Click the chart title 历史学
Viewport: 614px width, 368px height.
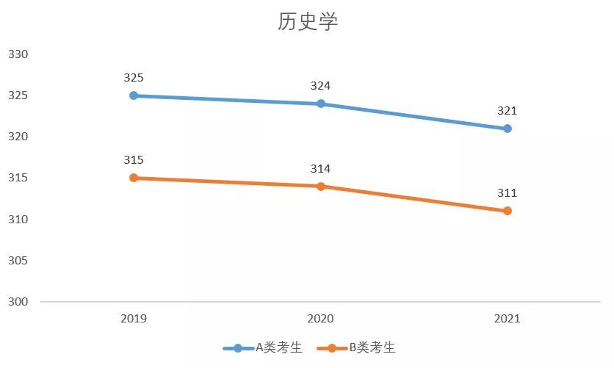(x=307, y=22)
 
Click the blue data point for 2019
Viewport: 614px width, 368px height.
(x=134, y=95)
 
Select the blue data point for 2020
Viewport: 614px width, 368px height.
(x=321, y=104)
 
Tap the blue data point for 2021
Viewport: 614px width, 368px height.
(x=508, y=129)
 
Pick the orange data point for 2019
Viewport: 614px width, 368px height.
(x=134, y=178)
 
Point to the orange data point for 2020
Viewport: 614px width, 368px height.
(x=321, y=187)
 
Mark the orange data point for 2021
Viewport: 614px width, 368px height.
(x=508, y=211)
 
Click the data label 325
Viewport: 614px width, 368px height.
(x=134, y=77)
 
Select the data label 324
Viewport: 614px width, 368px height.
(x=321, y=86)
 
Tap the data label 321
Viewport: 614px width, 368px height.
(x=508, y=111)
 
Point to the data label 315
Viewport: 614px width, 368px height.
(x=134, y=160)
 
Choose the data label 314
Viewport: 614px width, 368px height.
(x=321, y=169)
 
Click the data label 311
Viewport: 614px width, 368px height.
(x=508, y=193)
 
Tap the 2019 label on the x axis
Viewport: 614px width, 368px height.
(x=134, y=319)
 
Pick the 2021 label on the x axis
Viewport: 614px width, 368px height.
(x=508, y=319)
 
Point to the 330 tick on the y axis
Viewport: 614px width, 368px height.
(x=18, y=54)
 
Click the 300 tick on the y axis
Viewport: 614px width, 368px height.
(x=18, y=302)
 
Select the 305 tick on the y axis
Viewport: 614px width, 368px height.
(x=18, y=261)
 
